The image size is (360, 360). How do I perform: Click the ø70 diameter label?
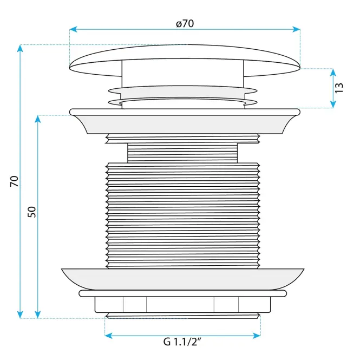(185, 23)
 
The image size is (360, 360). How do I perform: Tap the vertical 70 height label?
(14, 181)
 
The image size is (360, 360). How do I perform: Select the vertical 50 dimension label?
(32, 212)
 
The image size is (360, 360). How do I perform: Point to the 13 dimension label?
(339, 88)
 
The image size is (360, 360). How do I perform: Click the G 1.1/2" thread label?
(182, 342)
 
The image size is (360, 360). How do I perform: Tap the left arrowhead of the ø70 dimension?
(73, 29)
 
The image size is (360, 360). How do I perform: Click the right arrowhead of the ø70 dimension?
(297, 29)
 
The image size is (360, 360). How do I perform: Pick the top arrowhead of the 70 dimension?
(20, 48)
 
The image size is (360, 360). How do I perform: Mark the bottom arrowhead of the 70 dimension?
(20, 315)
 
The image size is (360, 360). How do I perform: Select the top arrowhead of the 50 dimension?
(38, 119)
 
